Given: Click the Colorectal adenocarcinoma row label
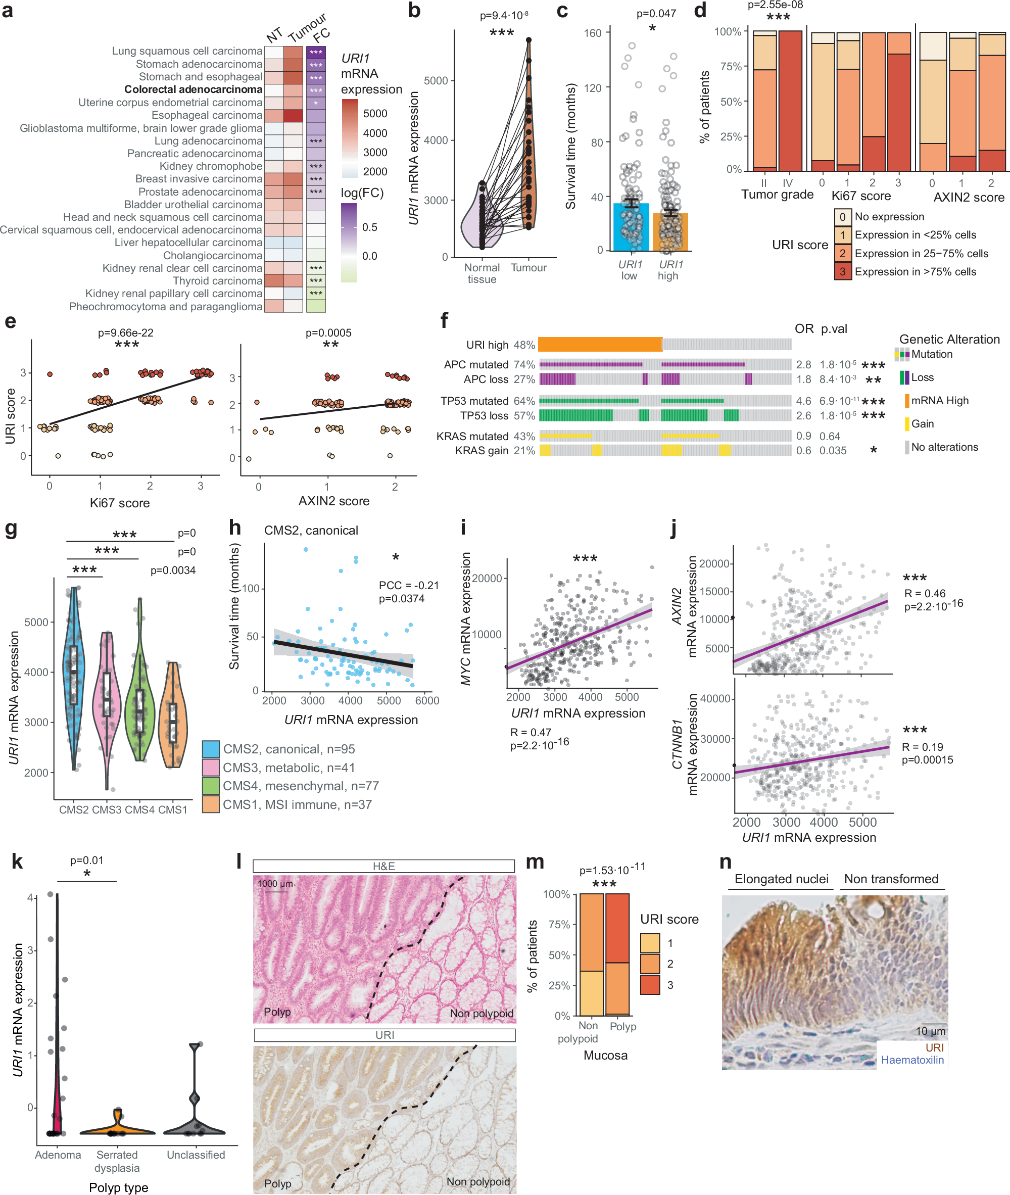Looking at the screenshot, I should (193, 89).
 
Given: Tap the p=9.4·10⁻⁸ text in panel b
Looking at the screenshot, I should (504, 16).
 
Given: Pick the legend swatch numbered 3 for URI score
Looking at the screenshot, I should (842, 271).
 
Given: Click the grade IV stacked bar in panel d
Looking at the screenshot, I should (790, 100).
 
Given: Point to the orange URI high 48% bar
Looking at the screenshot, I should (599, 344).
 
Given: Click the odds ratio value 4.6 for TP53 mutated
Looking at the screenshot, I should (803, 401).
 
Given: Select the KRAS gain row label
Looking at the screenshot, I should (481, 451).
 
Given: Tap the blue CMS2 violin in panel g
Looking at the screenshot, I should (73, 676).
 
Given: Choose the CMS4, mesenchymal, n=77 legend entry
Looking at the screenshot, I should (300, 786).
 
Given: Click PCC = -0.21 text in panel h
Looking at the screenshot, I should (408, 585).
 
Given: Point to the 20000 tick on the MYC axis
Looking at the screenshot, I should (487, 579).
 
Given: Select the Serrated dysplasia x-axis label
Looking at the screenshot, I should (117, 1161).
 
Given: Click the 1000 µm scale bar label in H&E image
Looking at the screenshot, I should (275, 884).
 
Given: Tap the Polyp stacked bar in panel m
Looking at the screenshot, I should (617, 954).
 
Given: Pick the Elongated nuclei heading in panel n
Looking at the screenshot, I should (781, 879).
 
